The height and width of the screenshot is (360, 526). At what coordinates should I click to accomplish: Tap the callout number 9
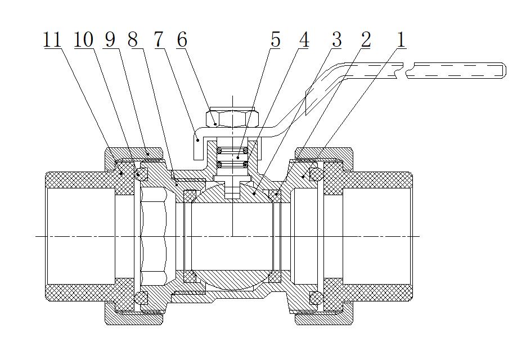pos(110,40)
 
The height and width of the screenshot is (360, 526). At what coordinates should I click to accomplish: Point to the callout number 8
pos(133,40)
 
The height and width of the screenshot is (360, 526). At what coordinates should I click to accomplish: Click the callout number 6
pos(181,40)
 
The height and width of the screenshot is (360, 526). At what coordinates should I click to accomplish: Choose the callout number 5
pos(275,40)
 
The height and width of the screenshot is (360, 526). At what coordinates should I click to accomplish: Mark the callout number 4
pos(304,40)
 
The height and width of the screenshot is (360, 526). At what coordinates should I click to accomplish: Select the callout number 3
pos(336,40)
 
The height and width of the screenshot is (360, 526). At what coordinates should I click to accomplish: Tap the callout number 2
pos(366,40)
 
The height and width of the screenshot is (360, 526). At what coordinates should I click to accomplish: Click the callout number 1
pos(401,40)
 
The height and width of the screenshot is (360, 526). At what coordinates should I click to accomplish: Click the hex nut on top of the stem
pos(232,118)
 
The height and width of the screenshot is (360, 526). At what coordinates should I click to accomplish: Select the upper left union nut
pos(134,154)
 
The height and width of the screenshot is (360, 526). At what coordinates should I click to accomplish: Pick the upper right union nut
pos(324,154)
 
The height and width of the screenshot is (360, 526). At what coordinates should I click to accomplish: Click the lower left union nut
pos(134,318)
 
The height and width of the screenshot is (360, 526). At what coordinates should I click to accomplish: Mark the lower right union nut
pos(324,318)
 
